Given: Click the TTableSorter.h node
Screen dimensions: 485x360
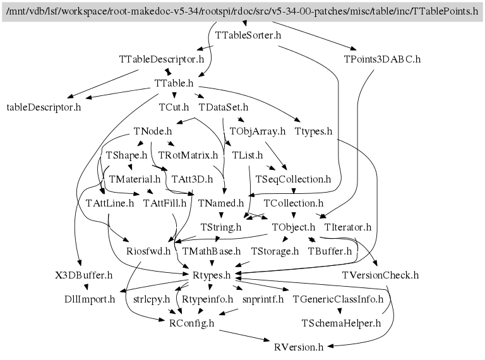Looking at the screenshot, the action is click(248, 35).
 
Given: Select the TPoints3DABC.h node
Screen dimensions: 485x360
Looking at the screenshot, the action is click(382, 59).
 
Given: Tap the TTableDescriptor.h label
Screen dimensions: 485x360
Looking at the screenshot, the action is click(162, 59).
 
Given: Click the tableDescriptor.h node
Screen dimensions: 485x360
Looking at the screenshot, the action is click(44, 107).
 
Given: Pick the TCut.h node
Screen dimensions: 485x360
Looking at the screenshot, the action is click(174, 107).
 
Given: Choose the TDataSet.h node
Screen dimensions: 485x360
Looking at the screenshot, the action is click(224, 107).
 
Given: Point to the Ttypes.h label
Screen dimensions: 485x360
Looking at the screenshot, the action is click(313, 131).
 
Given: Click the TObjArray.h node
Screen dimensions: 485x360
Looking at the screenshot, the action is click(258, 131).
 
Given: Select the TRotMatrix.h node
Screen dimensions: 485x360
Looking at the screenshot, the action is click(188, 155).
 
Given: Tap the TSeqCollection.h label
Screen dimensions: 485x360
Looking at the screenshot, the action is click(293, 179).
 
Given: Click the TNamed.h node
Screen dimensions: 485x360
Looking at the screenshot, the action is click(221, 203).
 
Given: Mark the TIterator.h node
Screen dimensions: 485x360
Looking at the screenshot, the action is click(348, 227).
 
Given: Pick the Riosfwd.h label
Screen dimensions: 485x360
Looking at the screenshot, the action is click(148, 251).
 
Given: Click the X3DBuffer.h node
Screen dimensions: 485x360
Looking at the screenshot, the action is click(84, 275).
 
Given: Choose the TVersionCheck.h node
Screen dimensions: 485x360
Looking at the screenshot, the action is click(380, 275).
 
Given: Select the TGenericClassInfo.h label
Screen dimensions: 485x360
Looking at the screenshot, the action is click(338, 300).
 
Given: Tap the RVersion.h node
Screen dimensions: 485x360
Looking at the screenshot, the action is click(299, 347).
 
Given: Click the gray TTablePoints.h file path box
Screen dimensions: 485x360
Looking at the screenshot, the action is click(242, 11).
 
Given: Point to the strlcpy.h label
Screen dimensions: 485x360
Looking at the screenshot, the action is click(152, 300).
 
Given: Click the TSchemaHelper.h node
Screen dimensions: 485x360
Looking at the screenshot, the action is click(341, 323).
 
